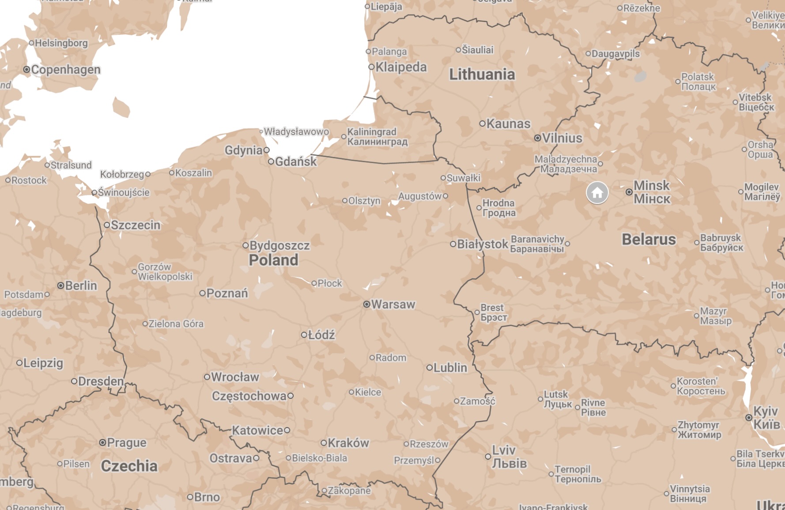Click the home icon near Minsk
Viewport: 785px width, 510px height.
[x=597, y=193]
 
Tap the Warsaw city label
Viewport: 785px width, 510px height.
[x=393, y=304]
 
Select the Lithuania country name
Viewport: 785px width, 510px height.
[x=482, y=75]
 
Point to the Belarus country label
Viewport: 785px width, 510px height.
[x=649, y=240]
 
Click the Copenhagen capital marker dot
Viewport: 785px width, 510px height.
[x=26, y=70]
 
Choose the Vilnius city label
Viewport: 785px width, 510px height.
[x=562, y=138]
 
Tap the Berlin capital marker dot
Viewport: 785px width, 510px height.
[x=61, y=285]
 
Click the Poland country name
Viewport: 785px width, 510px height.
[x=273, y=260]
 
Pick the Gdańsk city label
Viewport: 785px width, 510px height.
[x=295, y=162]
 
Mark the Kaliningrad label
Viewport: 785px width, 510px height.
[x=377, y=137]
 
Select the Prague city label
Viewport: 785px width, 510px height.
[x=126, y=442]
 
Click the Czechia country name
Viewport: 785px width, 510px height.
[x=129, y=466]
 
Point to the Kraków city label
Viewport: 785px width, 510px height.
[x=348, y=443]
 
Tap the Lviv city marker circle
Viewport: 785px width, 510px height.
[x=488, y=457]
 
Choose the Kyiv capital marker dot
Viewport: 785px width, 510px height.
[x=749, y=417]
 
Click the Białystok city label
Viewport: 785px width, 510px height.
[x=482, y=244]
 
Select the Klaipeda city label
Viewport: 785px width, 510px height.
[x=401, y=67]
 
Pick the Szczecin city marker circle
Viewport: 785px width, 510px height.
[x=107, y=225]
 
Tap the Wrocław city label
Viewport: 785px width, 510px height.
[x=235, y=377]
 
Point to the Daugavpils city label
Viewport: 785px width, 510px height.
[x=615, y=54]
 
